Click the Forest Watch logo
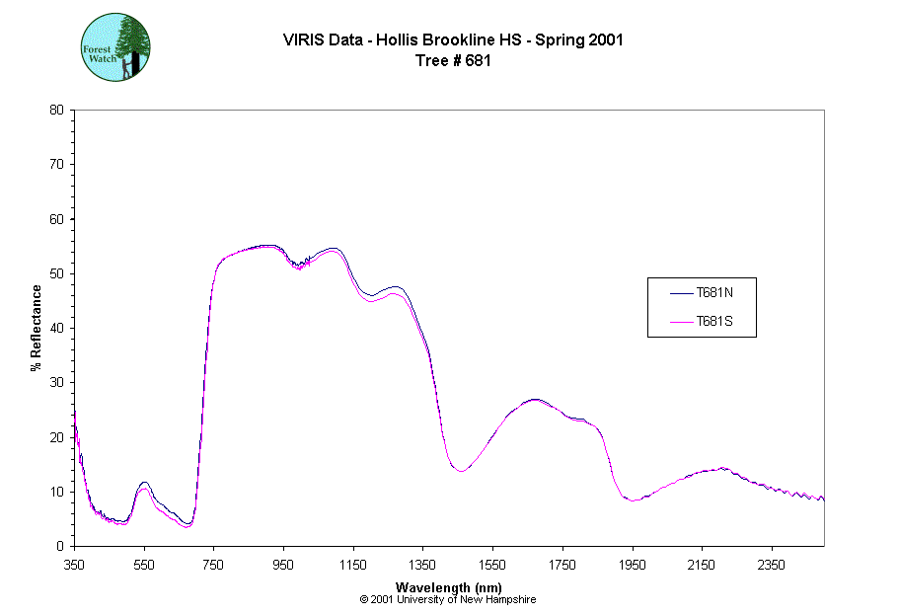[x=115, y=47]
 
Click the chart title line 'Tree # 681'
[x=453, y=60]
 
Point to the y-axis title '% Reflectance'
[x=37, y=328]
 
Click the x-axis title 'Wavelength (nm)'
[x=448, y=587]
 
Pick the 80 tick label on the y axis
[x=56, y=110]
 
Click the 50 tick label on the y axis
[x=56, y=273]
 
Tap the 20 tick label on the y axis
[x=56, y=437]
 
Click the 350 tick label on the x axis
[x=75, y=565]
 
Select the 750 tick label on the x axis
[x=214, y=565]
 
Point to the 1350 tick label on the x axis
[x=422, y=565]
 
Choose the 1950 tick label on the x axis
[x=632, y=565]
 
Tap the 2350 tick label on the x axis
[x=771, y=565]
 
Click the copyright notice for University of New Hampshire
[x=448, y=599]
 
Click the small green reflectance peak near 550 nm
[x=144, y=484]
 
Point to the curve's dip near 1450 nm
[x=460, y=471]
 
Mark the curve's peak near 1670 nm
[x=534, y=400]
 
